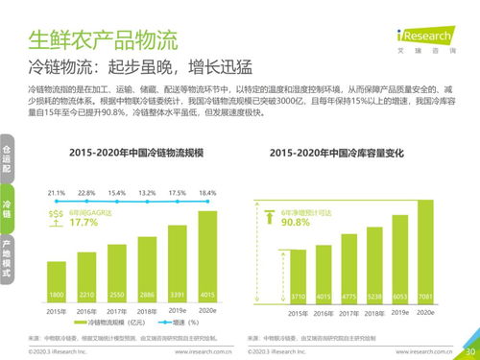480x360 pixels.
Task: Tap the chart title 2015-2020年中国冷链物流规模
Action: pos(132,153)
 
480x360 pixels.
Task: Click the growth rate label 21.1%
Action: pos(56,193)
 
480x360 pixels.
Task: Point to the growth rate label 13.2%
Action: pos(147,193)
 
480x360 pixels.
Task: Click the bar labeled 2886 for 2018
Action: pos(147,272)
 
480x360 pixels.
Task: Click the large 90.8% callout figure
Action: pos(296,223)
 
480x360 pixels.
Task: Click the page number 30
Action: pos(469,351)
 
